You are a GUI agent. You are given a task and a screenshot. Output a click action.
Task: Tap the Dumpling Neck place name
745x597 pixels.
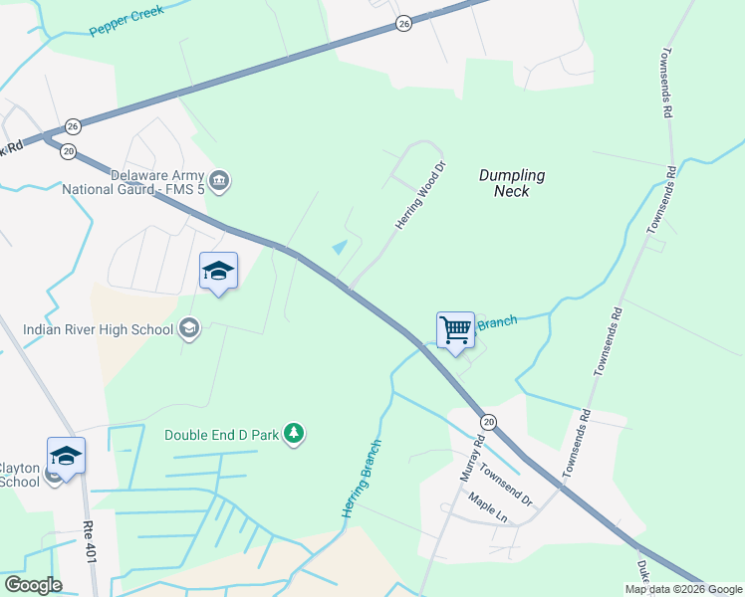coord(512,183)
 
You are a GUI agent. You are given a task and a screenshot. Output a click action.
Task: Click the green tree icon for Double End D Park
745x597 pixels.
coord(293,433)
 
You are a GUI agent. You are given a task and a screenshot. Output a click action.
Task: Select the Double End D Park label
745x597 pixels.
coord(220,434)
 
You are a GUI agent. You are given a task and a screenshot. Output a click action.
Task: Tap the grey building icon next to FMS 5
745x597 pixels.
coord(220,180)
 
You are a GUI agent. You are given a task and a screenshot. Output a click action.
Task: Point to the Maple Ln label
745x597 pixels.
coord(488,508)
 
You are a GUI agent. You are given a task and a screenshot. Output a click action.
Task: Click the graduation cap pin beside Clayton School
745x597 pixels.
coord(66,457)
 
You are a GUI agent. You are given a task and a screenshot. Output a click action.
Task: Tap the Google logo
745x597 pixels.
coord(32,585)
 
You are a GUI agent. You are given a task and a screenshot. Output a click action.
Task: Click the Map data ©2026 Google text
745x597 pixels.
coord(682,589)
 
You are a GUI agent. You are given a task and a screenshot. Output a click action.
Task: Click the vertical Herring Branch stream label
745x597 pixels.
coord(362,478)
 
